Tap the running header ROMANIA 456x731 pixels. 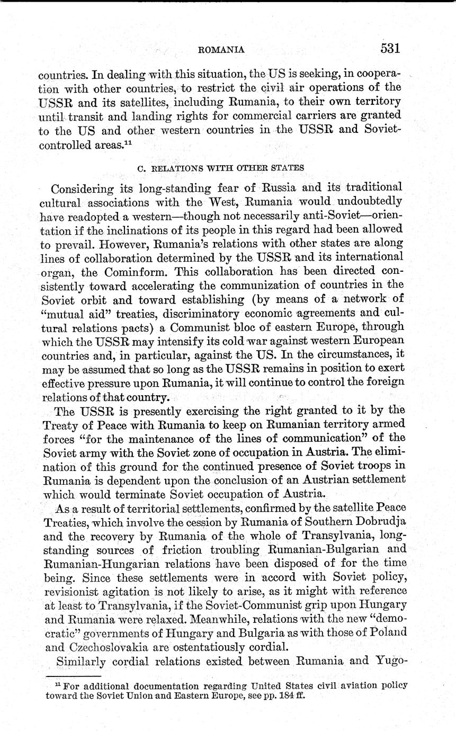tap(221, 50)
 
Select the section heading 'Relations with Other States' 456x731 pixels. tap(220, 168)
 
